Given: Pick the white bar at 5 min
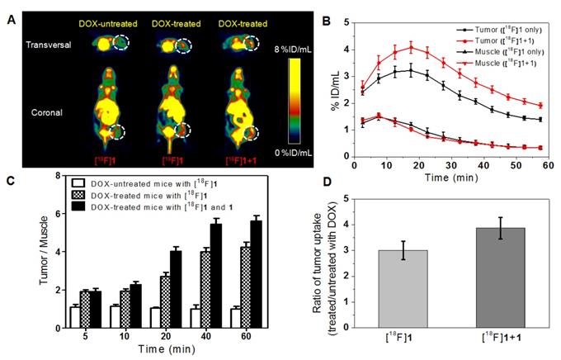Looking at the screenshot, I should click(75, 316).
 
